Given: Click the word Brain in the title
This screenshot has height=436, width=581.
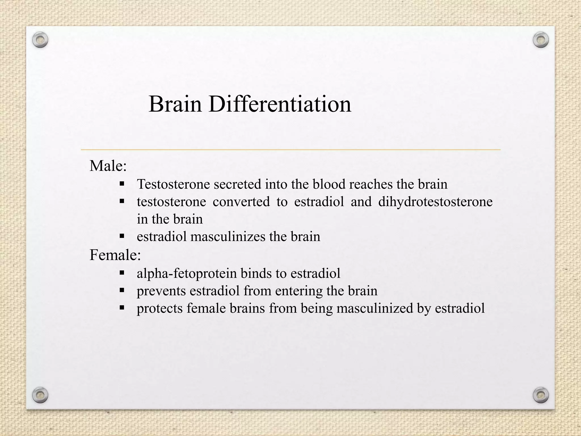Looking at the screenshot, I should point(175,104).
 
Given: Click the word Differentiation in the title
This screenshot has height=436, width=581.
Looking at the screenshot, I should point(280,104).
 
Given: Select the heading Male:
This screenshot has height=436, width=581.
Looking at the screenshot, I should point(108,166).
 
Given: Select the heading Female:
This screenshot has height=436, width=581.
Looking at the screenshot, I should point(115,255).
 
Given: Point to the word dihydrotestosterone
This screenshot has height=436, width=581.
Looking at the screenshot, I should point(435,202).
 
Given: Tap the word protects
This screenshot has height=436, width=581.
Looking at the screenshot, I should point(160,309).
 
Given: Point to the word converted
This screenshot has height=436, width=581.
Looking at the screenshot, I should point(241,202).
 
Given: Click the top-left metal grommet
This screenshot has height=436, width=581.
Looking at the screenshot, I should point(40,40).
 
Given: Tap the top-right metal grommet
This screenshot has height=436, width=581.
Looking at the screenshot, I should point(541,40).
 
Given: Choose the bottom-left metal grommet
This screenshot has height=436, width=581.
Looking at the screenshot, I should point(40,395).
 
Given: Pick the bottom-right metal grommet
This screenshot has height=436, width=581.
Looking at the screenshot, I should point(541,395).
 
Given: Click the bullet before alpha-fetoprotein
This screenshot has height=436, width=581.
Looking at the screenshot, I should point(122,273).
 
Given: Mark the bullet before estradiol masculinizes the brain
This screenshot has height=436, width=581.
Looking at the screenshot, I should point(122,236).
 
